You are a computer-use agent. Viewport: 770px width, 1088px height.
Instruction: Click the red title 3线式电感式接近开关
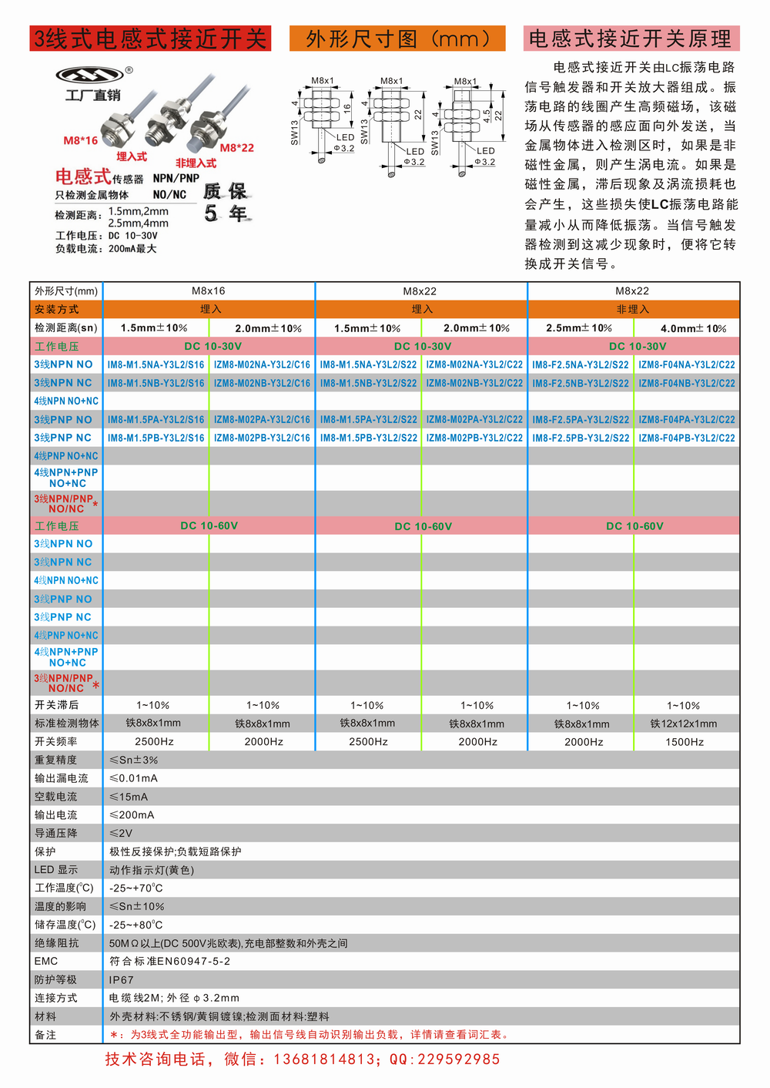pos(150,39)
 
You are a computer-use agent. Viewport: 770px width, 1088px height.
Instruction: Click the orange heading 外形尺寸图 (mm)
pos(397,39)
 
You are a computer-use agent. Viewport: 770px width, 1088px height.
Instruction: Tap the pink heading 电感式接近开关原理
pos(631,39)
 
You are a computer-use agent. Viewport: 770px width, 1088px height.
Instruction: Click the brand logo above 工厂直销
pos(89,75)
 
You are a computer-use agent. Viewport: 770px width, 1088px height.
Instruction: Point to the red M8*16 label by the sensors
pos(80,140)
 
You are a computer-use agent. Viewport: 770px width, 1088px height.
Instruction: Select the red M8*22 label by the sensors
pos(237,148)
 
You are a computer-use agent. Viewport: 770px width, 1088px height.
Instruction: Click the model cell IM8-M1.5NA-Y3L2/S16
pos(156,364)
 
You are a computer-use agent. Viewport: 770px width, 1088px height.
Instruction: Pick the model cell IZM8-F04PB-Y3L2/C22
pos(687,438)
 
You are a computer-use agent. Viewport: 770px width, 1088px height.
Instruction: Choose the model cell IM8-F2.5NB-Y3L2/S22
pos(581,383)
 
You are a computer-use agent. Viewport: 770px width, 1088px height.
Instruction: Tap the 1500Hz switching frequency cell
pos(685,742)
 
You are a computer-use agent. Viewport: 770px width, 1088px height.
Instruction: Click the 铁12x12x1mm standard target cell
pos(684,724)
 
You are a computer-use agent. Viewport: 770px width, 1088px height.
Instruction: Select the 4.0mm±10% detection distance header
pos(693,328)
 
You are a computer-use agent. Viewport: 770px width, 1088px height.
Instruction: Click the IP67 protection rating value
pos(122,980)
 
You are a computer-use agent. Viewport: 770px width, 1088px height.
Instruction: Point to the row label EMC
pos(46,961)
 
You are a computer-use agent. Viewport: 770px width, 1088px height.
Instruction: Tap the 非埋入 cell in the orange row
pos(633,309)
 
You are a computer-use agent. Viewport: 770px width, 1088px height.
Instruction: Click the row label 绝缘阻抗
pos(56,943)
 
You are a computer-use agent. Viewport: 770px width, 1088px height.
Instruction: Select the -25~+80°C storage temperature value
pos(136,925)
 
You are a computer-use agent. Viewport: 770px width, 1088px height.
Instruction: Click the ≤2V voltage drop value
pos(121,833)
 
